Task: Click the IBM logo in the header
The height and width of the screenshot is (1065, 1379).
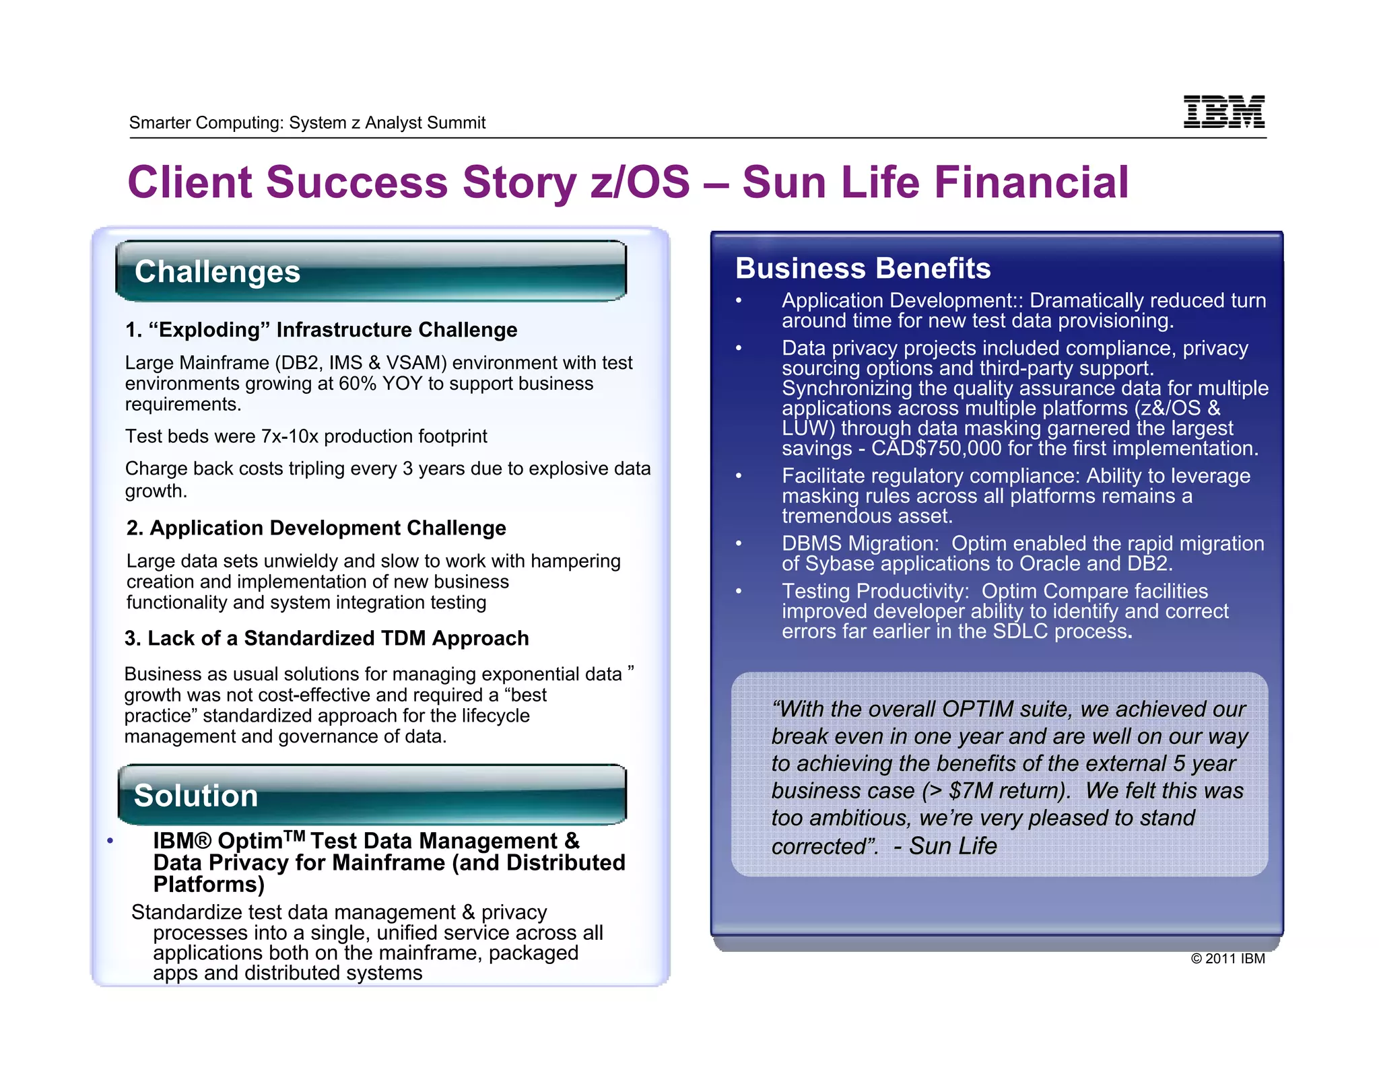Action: (1223, 112)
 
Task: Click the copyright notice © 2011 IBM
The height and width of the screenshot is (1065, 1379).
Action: (1227, 959)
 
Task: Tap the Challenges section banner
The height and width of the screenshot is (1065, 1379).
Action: (370, 271)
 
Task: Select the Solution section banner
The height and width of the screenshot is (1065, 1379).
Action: (372, 795)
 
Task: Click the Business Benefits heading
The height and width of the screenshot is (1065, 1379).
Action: (863, 268)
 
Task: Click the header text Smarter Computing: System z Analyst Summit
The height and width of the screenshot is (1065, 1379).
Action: (307, 123)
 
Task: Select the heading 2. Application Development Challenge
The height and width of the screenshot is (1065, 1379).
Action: (316, 528)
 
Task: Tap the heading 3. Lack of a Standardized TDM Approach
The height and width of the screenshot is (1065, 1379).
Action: (327, 638)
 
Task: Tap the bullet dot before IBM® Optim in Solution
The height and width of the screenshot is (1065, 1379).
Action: (110, 841)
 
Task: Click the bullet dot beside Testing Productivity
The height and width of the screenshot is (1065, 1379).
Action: (739, 592)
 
